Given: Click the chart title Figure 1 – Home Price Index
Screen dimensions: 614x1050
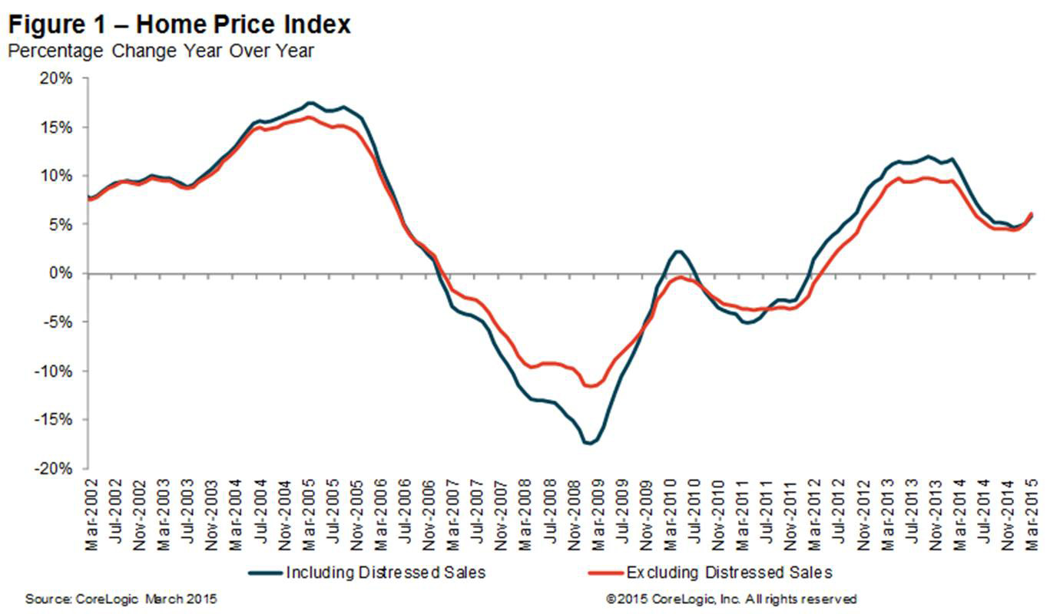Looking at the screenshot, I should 178,25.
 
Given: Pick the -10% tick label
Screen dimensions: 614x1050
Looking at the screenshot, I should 59,371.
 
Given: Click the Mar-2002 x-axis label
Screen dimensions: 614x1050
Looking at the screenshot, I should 93,511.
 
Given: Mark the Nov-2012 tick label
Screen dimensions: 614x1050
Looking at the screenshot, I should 865,511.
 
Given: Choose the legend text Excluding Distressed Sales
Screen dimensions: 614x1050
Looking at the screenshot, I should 729,573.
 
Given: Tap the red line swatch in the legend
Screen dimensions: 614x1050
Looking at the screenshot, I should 604,573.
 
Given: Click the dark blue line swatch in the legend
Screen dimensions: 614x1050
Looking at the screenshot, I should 265,573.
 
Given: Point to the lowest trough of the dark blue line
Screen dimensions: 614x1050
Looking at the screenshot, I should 588,444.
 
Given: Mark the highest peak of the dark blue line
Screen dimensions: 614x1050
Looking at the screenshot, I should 310,102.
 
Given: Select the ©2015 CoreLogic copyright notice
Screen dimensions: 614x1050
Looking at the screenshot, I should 731,599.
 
